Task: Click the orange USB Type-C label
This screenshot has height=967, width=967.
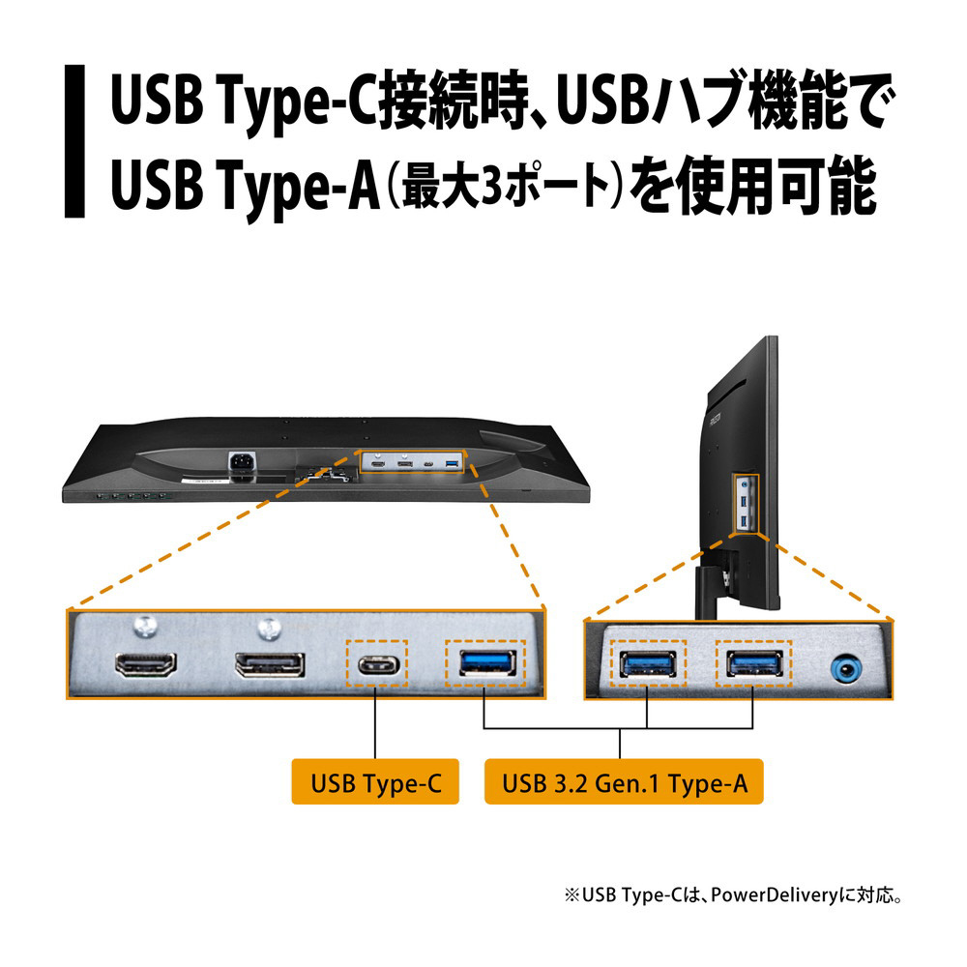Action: pyautogui.click(x=375, y=781)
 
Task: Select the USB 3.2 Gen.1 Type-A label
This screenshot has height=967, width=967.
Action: pyautogui.click(x=624, y=781)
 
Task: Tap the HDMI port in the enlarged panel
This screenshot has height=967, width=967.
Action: pyautogui.click(x=146, y=665)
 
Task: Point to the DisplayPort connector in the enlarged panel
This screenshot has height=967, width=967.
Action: pyautogui.click(x=270, y=665)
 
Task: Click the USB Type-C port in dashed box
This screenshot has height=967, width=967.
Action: pyautogui.click(x=379, y=665)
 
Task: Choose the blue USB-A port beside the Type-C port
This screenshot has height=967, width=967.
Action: pyautogui.click(x=487, y=663)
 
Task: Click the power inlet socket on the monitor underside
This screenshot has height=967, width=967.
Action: pyautogui.click(x=243, y=461)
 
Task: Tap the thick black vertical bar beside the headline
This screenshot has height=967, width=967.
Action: pyautogui.click(x=74, y=141)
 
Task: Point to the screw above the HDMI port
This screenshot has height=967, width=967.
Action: pyautogui.click(x=146, y=628)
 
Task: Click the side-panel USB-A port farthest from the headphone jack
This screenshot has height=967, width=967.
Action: pyautogui.click(x=648, y=664)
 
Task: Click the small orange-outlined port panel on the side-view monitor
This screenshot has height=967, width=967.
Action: pyautogui.click(x=746, y=505)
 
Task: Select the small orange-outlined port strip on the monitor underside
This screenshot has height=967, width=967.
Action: pyautogui.click(x=411, y=462)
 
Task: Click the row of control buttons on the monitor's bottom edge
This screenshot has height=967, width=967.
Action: pyautogui.click(x=132, y=496)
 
